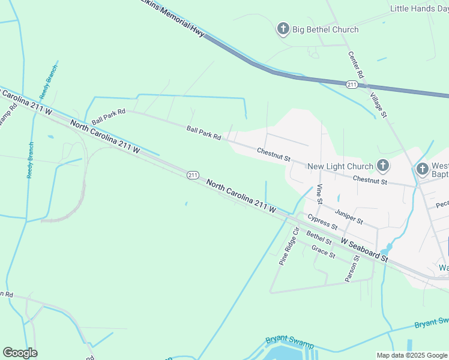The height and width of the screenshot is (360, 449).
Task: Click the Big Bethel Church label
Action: pos(325,29)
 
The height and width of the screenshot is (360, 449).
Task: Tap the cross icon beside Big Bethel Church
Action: pos(283,29)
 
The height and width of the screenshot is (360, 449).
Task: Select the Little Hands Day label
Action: pos(419,8)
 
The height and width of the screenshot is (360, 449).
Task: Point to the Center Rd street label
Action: pos(357,64)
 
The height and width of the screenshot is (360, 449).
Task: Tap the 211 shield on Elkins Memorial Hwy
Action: pos(352,85)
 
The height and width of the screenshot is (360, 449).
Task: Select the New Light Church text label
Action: pos(340,166)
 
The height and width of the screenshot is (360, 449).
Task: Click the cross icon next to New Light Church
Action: pos(382,166)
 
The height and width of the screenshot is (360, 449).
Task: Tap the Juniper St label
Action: pos(349,217)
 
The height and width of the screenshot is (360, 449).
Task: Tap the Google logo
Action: pos(20,353)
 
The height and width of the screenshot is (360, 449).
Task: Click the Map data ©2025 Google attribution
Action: pos(412,355)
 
